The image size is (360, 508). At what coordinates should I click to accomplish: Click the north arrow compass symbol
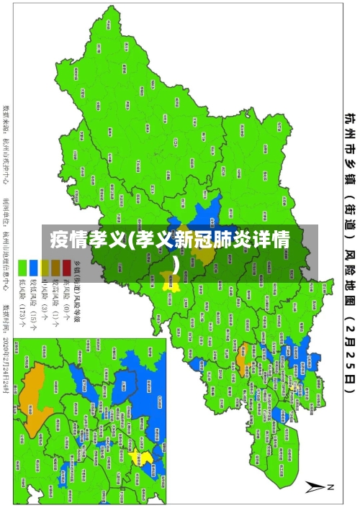[x=319, y=486]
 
